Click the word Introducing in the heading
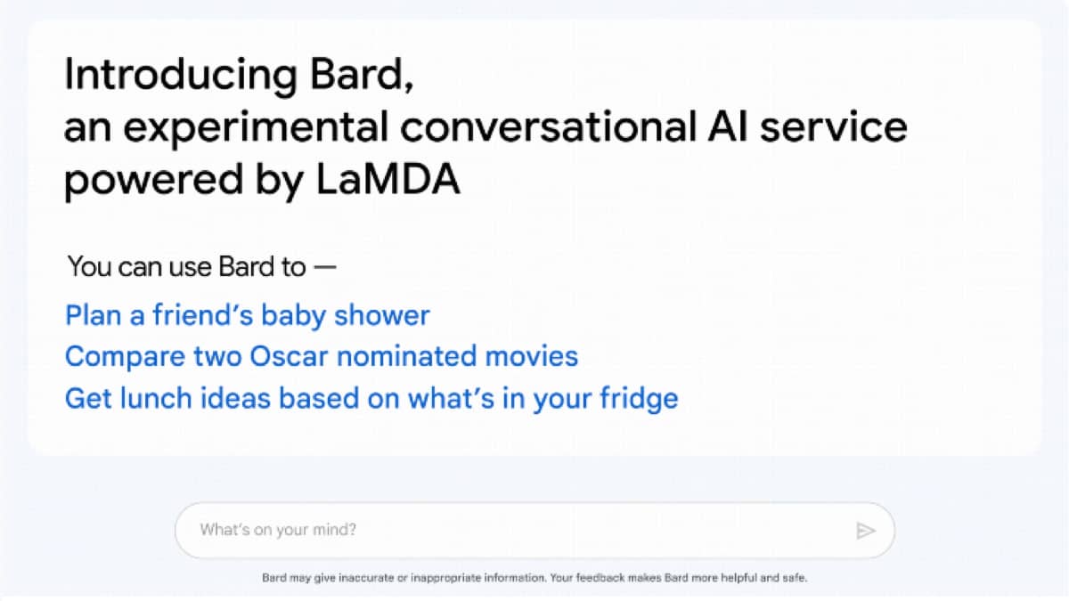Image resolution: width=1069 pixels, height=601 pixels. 181,76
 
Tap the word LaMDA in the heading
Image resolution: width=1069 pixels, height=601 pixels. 388,179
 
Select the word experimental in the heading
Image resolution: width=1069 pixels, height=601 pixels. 256,129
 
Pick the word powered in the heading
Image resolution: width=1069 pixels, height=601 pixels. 153,180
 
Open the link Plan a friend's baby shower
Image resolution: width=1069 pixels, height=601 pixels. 248,316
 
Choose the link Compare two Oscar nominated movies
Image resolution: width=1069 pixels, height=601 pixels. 322,356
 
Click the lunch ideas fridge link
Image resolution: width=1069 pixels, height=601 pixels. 371,399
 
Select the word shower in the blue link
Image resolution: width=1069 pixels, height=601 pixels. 382,315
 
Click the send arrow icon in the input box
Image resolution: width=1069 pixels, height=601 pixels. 865,531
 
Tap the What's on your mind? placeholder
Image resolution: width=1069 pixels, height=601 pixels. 278,530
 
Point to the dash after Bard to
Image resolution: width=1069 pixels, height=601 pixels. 325,266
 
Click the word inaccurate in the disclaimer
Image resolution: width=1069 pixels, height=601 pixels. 366,578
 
